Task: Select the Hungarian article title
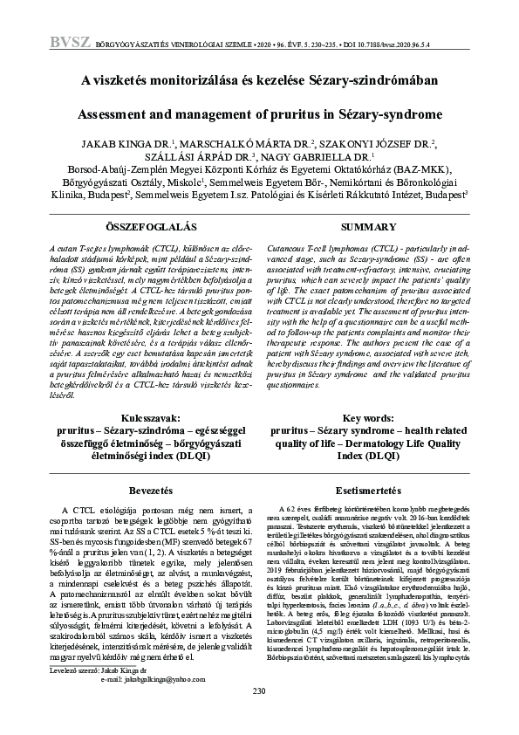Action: click(259, 81)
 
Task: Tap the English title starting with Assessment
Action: click(259, 114)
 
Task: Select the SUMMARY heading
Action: click(369, 226)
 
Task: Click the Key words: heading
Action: click(369, 419)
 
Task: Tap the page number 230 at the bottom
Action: click(258, 716)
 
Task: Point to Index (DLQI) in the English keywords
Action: click(369, 456)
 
